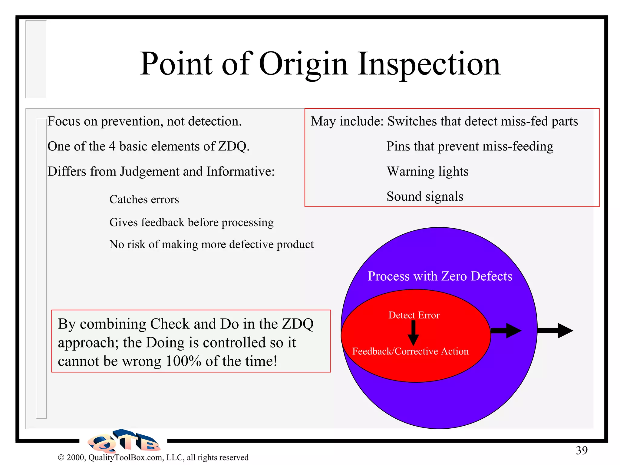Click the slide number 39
pyautogui.click(x=581, y=450)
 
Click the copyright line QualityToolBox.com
pyautogui.click(x=153, y=457)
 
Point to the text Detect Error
pyautogui.click(x=414, y=315)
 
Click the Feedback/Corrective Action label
pyautogui.click(x=410, y=351)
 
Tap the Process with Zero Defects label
pyautogui.click(x=440, y=276)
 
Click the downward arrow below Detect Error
pyautogui.click(x=413, y=333)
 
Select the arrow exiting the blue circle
pyautogui.click(x=556, y=331)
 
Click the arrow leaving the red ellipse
pyautogui.click(x=506, y=331)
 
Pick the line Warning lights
pyautogui.click(x=427, y=171)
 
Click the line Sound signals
pyautogui.click(x=425, y=196)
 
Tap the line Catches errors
pyautogui.click(x=144, y=200)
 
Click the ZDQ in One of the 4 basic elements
pyautogui.click(x=233, y=147)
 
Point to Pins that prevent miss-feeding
pyautogui.click(x=470, y=147)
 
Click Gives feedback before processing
pyautogui.click(x=191, y=223)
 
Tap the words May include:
pyautogui.click(x=347, y=121)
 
